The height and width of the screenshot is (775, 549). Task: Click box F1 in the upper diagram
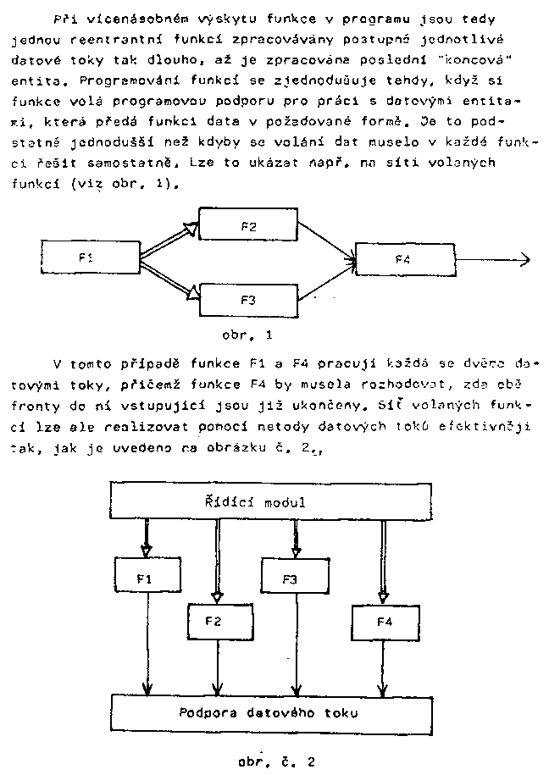(x=91, y=259)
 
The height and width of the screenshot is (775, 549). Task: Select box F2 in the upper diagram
(x=247, y=225)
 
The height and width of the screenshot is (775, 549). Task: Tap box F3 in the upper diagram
(x=247, y=299)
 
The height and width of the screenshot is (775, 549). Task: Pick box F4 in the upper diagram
(x=403, y=259)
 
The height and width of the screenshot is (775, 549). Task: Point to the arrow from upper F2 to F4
(x=326, y=241)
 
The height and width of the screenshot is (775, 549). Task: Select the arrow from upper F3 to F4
(x=326, y=281)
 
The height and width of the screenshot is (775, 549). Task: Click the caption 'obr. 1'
(x=247, y=334)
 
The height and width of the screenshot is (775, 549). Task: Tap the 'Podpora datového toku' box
(x=268, y=712)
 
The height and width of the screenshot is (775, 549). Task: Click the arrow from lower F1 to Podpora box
(x=149, y=644)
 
